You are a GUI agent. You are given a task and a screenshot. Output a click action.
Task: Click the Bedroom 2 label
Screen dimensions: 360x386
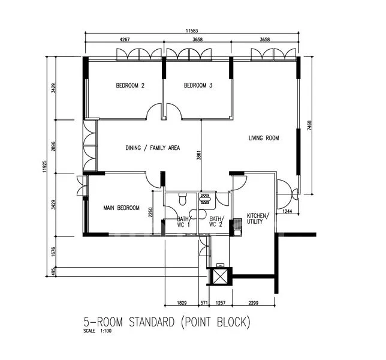pos(130,86)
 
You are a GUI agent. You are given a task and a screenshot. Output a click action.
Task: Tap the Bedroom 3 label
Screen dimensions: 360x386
pos(198,86)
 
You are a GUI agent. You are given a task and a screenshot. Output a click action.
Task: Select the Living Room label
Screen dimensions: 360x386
pos(264,138)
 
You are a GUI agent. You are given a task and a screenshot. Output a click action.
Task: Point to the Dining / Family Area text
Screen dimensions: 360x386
pos(152,148)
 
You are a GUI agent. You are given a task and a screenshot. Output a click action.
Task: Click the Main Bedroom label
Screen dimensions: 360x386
pos(122,208)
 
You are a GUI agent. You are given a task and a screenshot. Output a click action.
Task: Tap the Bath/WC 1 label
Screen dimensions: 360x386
pos(183,222)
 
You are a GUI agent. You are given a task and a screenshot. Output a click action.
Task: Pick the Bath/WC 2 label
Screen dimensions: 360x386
pos(216,222)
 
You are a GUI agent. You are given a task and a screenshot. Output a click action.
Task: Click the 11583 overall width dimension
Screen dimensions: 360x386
pos(193,31)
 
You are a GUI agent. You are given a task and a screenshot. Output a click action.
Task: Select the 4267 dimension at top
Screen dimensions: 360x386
pos(125,40)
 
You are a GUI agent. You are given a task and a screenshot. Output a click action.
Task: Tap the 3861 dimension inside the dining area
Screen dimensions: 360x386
pos(199,158)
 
